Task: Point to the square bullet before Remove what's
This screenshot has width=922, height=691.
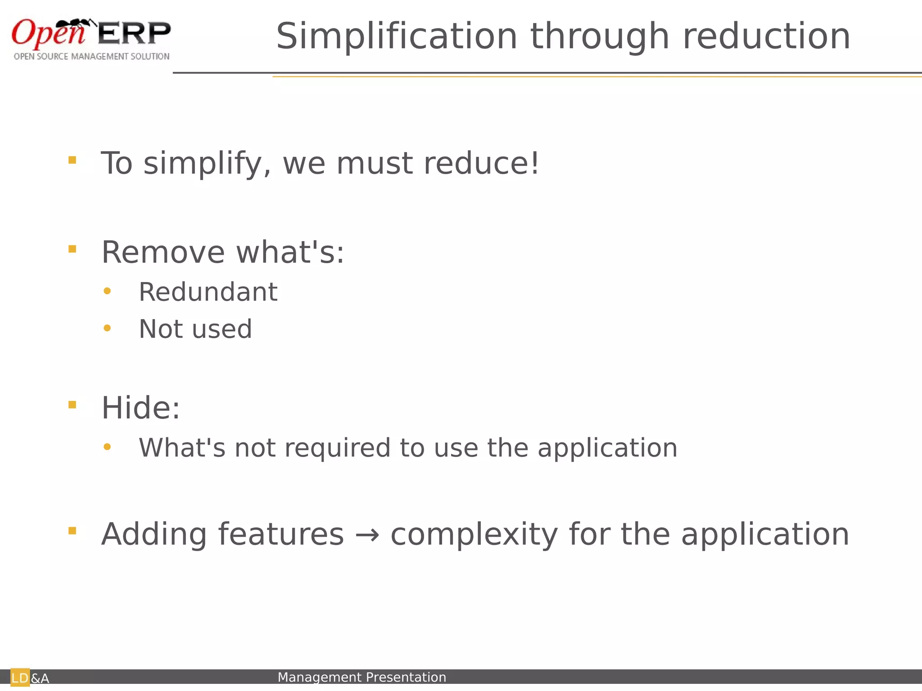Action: coord(72,249)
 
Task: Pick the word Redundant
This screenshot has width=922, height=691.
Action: coord(208,292)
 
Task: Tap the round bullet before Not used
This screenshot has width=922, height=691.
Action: coord(107,328)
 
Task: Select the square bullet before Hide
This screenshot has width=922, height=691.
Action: coord(72,405)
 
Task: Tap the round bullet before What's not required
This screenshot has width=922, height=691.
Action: coord(107,447)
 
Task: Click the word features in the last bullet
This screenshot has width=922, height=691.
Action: coord(281,534)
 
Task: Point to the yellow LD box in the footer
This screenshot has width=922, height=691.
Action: coord(20,678)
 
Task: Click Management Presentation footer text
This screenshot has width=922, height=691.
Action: coord(362,677)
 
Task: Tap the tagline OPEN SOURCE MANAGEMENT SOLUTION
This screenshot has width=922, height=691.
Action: coord(92,57)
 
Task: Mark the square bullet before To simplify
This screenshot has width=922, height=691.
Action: coord(72,160)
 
